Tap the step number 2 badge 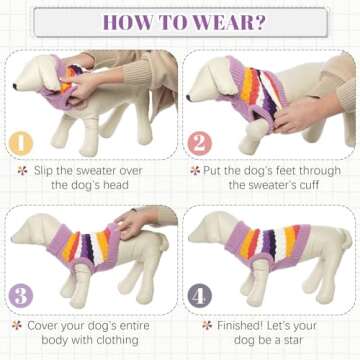point(197,143)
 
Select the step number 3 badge point(20,295)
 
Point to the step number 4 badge point(198,295)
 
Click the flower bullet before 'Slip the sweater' point(22,170)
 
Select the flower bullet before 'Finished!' point(207,325)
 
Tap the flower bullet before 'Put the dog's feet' point(193,170)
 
